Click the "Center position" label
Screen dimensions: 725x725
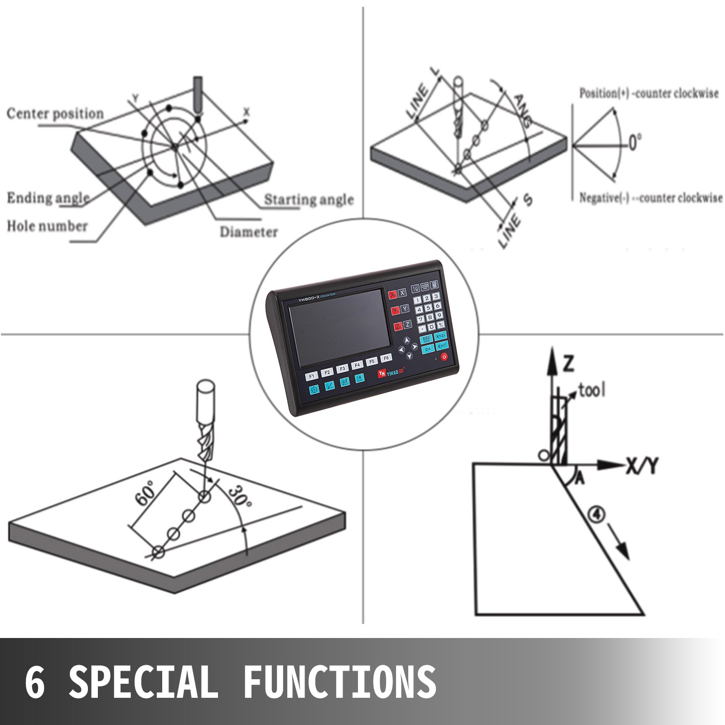tap(55, 114)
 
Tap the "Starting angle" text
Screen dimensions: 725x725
tap(309, 199)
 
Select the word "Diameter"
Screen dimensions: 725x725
tap(248, 232)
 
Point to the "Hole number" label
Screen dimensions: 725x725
tap(47, 226)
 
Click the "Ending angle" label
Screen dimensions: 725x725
tap(48, 198)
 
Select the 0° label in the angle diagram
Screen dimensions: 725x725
tap(635, 143)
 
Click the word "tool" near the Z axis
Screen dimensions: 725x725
tap(591, 390)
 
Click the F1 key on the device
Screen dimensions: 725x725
tap(311, 376)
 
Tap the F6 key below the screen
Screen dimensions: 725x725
tap(386, 358)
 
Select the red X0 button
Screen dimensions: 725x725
tap(392, 294)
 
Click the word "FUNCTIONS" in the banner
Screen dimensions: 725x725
tap(340, 682)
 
